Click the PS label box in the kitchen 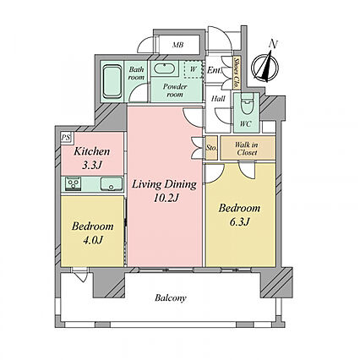pos(67,138)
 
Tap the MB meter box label pos(178,45)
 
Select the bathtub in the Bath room pos(112,82)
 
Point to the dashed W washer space pos(194,69)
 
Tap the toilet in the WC pos(247,104)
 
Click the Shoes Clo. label pos(237,74)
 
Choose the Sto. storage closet pos(211,148)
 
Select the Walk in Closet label pos(247,149)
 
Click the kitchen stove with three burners pos(74,183)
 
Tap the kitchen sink pos(112,184)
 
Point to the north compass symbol pos(265,68)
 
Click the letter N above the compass pos(273,43)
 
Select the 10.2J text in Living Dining pos(166,198)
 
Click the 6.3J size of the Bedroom pos(240,222)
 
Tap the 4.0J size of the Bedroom pos(93,240)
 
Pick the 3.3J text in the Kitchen pos(91,165)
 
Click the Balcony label pos(171,298)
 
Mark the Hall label pos(218,99)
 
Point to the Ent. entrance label pos(214,70)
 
